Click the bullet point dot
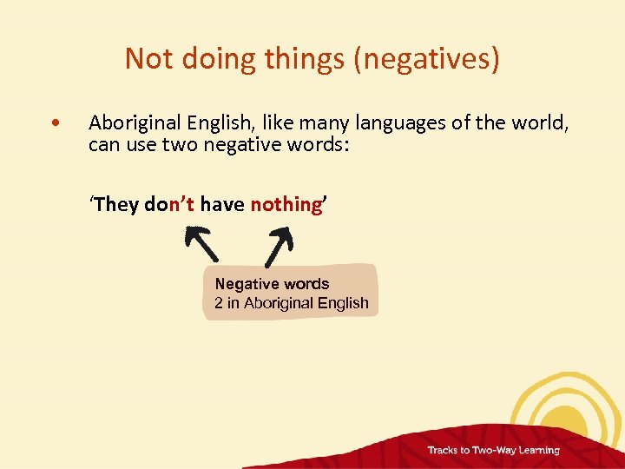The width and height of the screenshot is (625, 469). pos(56,123)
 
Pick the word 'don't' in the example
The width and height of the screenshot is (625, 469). pos(169,204)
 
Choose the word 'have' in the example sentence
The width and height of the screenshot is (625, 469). pos(222,204)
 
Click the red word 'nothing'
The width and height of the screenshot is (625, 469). pos(286,204)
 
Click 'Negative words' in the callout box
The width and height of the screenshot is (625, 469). pos(272,284)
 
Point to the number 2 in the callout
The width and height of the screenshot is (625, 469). pos(219,303)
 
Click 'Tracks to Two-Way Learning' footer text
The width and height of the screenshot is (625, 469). pos(492,450)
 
